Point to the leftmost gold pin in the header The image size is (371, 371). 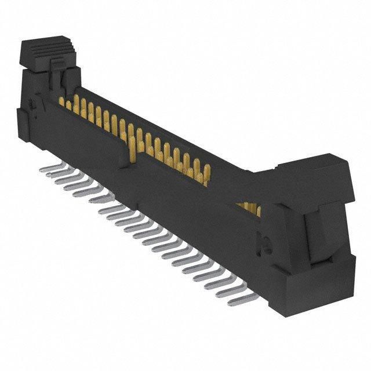[62, 102]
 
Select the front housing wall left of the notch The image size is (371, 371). [87, 136]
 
